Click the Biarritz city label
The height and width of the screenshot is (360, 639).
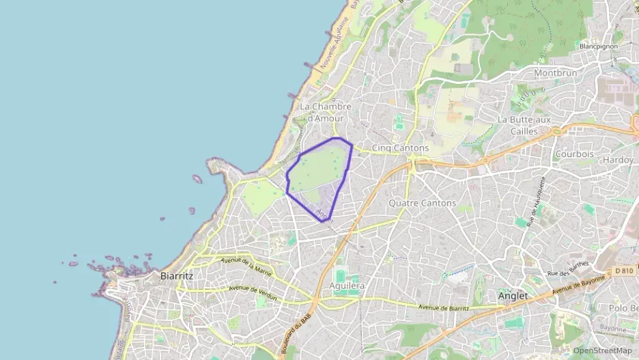(x=176, y=276)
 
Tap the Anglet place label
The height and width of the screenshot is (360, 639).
(x=513, y=296)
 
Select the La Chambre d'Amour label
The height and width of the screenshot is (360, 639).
(x=326, y=112)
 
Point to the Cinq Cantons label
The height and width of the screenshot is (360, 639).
(x=400, y=148)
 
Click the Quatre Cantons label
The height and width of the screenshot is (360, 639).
(x=422, y=203)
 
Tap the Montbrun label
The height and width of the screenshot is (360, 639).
(x=555, y=72)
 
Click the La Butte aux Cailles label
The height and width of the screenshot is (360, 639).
(x=524, y=124)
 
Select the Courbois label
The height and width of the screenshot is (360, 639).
(x=574, y=154)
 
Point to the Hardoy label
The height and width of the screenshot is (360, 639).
(x=618, y=160)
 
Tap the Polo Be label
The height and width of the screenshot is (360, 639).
(x=623, y=308)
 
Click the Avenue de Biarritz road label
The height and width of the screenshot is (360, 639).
(x=443, y=307)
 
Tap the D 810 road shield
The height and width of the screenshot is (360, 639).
(x=624, y=271)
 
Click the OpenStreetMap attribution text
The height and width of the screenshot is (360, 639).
(x=602, y=350)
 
